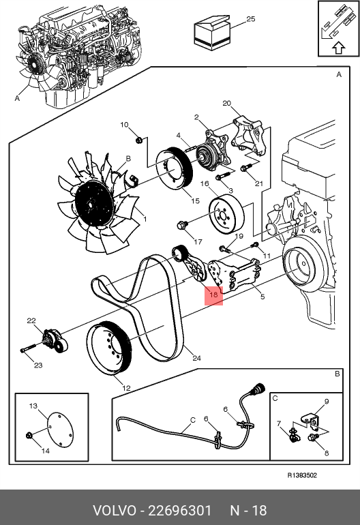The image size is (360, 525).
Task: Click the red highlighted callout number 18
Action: [x=213, y=295]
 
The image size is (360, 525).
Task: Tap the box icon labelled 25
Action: [x=212, y=33]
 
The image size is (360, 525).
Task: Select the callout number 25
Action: [x=250, y=19]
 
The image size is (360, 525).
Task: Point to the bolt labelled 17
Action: [x=182, y=226]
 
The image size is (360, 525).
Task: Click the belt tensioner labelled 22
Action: [x=55, y=341]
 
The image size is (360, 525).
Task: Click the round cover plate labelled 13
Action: [x=59, y=431]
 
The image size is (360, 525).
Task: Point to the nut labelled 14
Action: [x=29, y=436]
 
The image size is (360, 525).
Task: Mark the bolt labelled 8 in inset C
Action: [x=313, y=438]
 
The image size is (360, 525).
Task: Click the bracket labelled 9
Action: [x=310, y=420]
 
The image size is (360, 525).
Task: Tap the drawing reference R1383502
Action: [x=302, y=475]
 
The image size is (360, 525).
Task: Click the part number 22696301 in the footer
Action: [x=180, y=511]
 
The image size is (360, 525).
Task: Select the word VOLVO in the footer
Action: [x=114, y=511]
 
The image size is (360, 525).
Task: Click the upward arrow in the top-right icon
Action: [x=339, y=48]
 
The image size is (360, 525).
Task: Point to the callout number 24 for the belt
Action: [x=196, y=358]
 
